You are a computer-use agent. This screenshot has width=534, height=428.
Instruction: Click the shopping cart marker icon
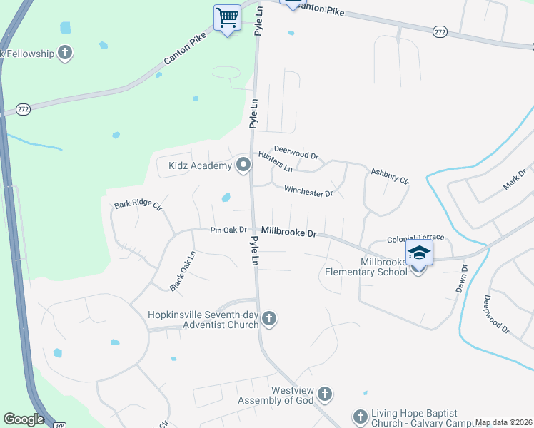[x=227, y=17]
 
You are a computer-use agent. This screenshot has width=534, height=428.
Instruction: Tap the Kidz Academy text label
[x=200, y=166]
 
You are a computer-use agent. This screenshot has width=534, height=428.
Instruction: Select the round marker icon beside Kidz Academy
[x=243, y=165]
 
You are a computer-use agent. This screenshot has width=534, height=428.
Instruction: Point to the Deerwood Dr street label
[x=296, y=153]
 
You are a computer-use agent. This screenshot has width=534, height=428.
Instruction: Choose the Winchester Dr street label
[x=308, y=191]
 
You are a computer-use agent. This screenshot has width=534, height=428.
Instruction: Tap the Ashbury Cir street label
[x=389, y=176]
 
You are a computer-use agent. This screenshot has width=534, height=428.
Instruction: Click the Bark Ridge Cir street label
[x=138, y=205]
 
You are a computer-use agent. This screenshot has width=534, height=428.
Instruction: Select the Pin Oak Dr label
[x=228, y=230]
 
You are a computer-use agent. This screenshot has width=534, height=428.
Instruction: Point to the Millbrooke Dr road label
[x=288, y=232]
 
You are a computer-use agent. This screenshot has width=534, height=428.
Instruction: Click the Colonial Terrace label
[x=415, y=238]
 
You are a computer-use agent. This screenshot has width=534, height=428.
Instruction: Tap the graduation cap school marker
[x=419, y=253]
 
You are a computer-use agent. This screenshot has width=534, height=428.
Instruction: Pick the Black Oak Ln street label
[x=182, y=271]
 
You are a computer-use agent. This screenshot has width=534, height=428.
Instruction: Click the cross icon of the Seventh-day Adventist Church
[x=269, y=318]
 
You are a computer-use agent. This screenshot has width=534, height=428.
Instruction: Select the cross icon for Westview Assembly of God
[x=324, y=394]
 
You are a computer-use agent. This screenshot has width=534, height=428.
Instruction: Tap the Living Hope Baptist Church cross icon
[x=360, y=416]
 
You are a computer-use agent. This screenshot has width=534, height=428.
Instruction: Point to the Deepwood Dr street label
[x=495, y=315]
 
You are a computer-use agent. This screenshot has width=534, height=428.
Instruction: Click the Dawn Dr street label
[x=462, y=279]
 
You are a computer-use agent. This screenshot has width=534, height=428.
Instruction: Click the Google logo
[x=24, y=419]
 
